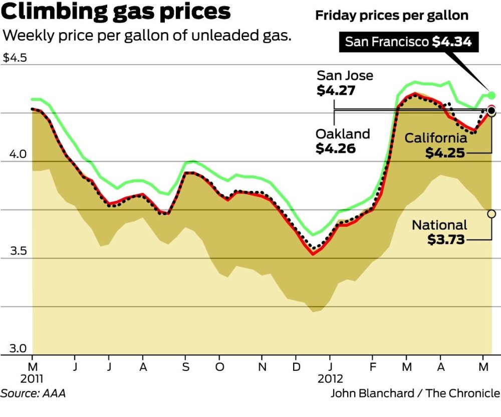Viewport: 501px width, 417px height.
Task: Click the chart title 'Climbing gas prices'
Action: (x=116, y=12)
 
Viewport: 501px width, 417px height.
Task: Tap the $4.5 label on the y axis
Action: (x=15, y=58)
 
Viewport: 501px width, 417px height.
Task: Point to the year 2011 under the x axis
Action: (x=32, y=378)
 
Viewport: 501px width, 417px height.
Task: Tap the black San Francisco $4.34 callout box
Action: (x=408, y=42)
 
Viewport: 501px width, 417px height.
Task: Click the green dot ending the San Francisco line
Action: (x=491, y=95)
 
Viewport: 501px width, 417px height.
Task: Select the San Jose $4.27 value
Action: (x=336, y=91)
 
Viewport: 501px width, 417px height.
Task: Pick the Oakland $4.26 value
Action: (x=336, y=148)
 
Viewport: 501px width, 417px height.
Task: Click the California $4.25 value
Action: (x=444, y=153)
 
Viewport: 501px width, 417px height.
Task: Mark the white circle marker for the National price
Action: (x=491, y=214)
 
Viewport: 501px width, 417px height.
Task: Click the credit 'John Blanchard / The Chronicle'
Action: (x=415, y=393)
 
